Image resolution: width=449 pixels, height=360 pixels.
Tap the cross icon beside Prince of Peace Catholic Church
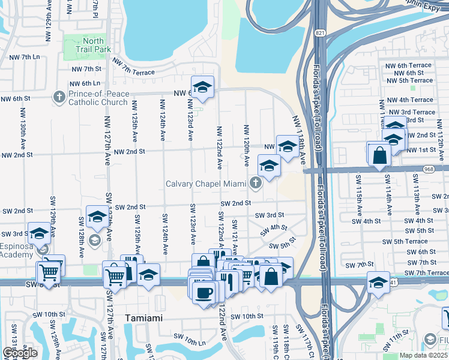coord(59,96)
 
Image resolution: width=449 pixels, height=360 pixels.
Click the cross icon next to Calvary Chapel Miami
coord(256,183)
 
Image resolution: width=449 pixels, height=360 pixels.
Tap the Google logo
coord(20,353)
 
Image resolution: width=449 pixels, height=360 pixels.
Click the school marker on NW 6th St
coord(203,88)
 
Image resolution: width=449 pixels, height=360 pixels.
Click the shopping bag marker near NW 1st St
coord(380,155)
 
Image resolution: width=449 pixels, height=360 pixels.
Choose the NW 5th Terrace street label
coord(410,80)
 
